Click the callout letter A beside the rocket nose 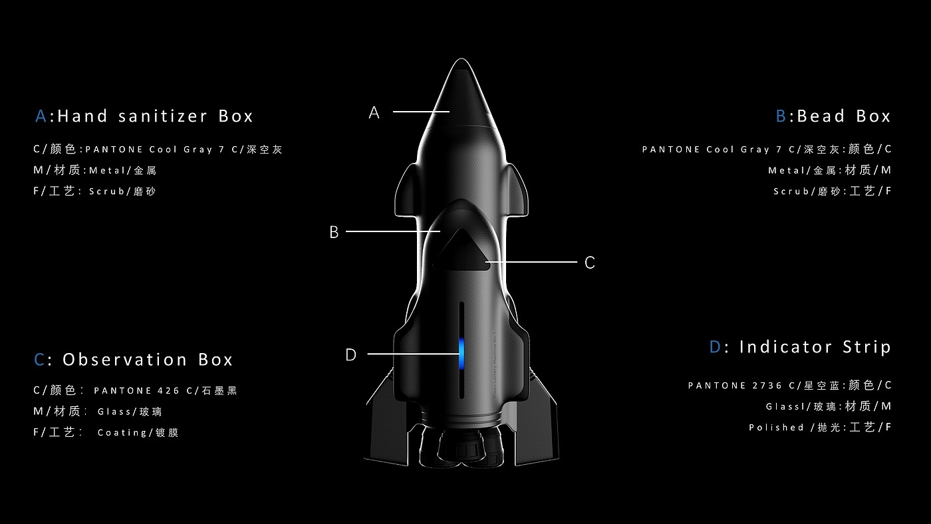374,113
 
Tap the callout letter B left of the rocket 334,233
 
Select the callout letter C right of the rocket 589,263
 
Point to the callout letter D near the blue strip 351,355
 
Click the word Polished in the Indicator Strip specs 777,428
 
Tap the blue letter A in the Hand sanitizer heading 41,116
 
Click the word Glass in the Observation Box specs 114,412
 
